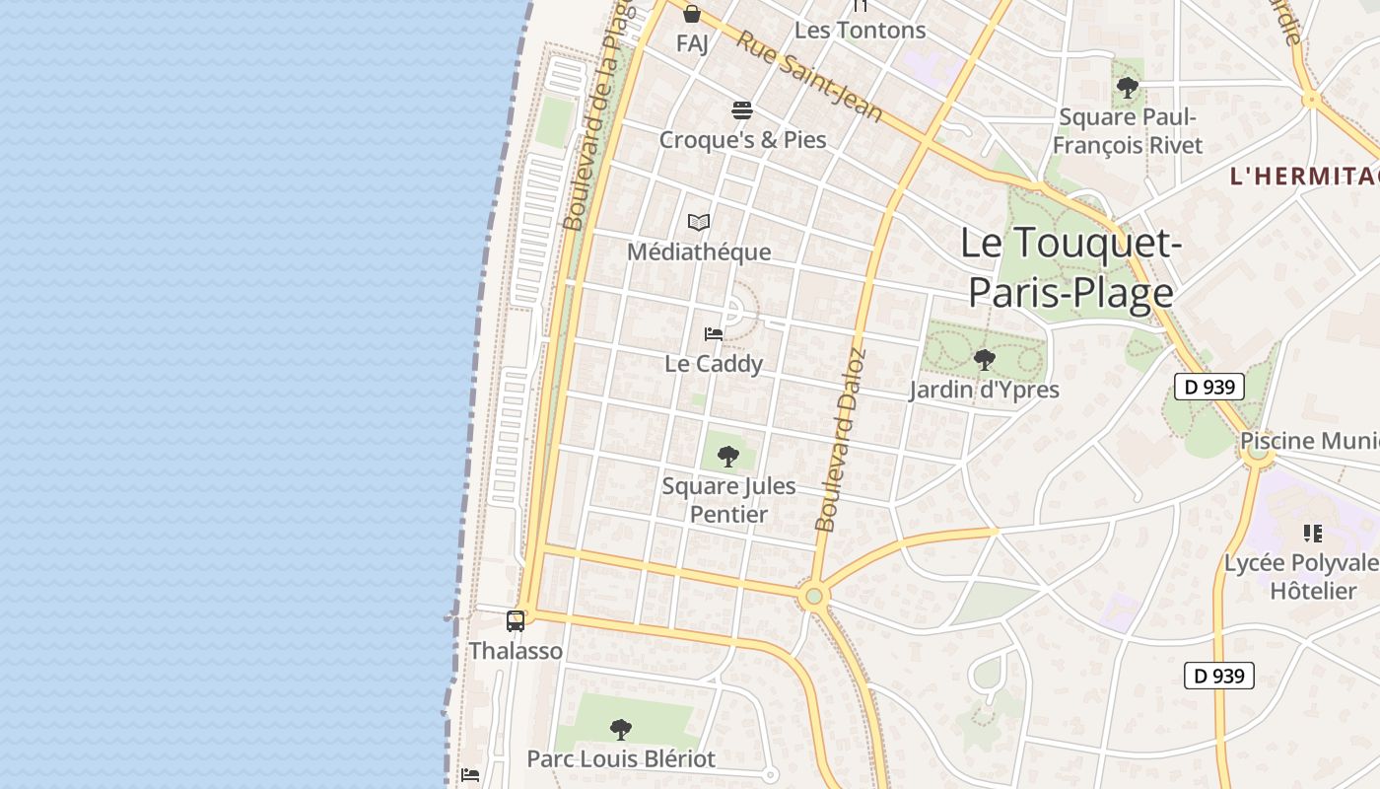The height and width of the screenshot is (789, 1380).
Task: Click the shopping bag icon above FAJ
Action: coord(692,14)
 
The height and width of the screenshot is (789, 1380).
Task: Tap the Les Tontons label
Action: coord(860,31)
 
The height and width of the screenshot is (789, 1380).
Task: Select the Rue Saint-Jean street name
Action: coord(808,75)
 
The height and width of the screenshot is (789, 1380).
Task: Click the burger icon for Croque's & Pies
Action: coord(742,109)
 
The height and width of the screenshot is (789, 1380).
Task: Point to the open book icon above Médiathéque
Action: coord(699,223)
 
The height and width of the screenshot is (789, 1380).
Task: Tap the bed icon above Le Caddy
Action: coord(714,334)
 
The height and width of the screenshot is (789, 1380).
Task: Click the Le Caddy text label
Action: coord(714,364)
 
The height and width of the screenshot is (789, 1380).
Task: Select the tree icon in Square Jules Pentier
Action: coord(728,456)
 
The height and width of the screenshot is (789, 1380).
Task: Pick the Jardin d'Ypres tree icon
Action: coord(984,360)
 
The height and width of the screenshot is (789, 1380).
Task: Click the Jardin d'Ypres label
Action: coord(984,390)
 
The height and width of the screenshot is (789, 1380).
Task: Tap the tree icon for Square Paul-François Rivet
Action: coord(1128,88)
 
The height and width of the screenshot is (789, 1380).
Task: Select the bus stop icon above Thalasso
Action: coord(516,620)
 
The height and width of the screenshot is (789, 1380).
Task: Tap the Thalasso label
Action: coord(516,651)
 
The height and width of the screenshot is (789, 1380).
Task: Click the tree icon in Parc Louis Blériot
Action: coord(620,730)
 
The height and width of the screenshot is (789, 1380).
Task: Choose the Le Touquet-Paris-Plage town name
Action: coord(1070,267)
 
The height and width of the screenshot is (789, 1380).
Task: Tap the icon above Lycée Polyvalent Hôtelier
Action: coord(1312,534)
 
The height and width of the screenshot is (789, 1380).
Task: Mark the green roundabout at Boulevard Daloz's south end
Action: coord(813,596)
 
